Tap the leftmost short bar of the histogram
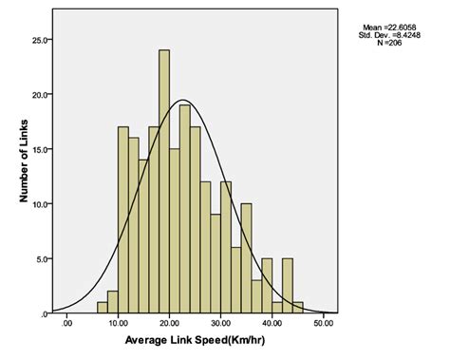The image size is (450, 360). coord(102,307)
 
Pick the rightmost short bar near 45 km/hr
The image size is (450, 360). coord(298,307)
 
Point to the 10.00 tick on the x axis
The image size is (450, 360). coord(117,324)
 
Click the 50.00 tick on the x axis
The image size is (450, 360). coord(323,324)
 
